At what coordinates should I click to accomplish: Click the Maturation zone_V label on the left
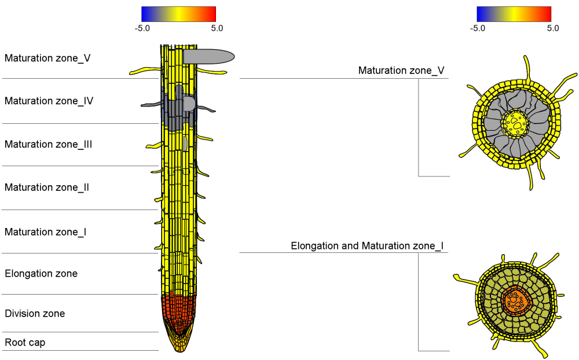click(47, 58)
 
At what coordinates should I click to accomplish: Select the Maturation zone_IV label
click(49, 101)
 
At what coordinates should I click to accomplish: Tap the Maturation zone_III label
click(48, 144)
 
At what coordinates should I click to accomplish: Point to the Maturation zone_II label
click(46, 188)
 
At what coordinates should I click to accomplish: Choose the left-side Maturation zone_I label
click(45, 232)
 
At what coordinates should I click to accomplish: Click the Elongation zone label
click(41, 273)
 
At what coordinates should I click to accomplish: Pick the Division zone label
click(35, 314)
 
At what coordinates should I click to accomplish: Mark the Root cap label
click(25, 343)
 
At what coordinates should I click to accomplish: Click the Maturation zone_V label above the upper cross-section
click(401, 71)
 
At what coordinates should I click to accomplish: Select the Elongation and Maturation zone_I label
click(367, 246)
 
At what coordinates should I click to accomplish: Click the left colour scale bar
click(178, 14)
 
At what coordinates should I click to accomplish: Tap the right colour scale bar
click(514, 14)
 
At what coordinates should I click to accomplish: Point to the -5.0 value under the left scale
click(142, 28)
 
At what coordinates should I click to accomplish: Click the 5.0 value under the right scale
click(552, 28)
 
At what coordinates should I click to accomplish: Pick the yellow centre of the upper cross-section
click(514, 123)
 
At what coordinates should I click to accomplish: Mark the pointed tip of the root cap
click(180, 350)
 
